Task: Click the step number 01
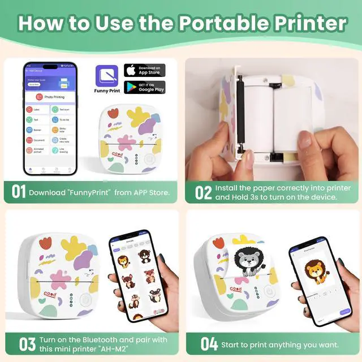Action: [x=19, y=193]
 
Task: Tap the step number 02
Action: [x=203, y=193]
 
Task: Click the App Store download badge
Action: [x=145, y=71]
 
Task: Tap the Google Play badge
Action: [x=145, y=87]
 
